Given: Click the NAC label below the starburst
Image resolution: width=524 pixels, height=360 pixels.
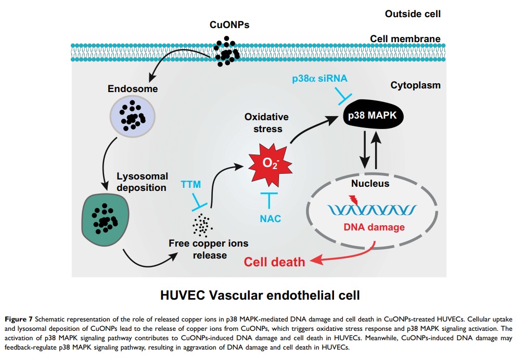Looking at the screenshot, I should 270,218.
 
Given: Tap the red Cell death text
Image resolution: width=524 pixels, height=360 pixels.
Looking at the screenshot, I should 275,261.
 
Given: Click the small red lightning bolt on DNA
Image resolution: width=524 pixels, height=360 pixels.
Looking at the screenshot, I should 355,198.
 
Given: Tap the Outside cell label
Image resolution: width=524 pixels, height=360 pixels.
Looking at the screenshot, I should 413,14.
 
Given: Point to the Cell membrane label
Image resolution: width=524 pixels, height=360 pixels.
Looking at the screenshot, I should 405,39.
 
